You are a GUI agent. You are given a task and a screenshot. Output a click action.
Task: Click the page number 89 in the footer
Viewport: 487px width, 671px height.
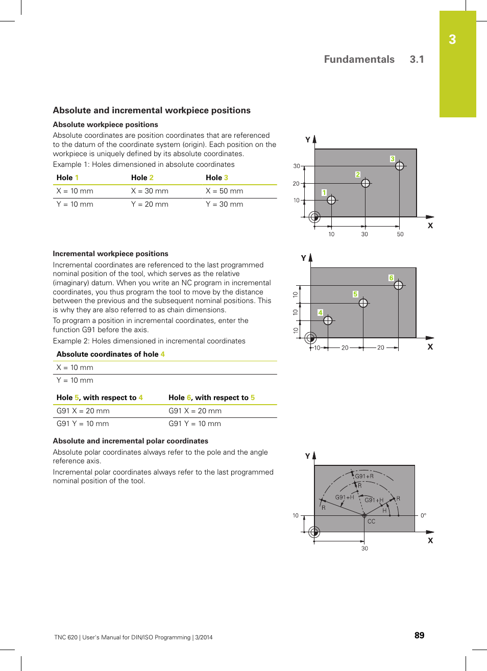419,635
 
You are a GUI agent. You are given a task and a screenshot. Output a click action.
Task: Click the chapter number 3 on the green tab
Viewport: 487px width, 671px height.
452,40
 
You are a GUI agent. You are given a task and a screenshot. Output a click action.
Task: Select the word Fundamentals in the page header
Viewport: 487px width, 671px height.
359,59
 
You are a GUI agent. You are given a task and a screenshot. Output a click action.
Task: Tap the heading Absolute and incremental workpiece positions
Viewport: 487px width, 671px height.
152,110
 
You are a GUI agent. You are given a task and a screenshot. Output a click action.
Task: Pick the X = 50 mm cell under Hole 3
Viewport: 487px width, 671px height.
224,191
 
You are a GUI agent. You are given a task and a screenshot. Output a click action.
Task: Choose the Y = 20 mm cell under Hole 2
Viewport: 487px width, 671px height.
150,204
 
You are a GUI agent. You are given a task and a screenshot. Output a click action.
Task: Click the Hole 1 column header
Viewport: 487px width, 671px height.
67,178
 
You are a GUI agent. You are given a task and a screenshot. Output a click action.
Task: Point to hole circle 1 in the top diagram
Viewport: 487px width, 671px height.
331,200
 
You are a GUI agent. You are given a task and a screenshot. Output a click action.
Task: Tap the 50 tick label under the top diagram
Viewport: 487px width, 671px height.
400,234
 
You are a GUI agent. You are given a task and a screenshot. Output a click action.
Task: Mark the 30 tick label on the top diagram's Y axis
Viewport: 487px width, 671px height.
296,166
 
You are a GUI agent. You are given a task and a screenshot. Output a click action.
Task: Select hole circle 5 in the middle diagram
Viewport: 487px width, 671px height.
363,303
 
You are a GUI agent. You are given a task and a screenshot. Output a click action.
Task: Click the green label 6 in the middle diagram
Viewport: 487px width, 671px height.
391,278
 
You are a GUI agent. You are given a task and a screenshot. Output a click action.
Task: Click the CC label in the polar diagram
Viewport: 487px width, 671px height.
371,521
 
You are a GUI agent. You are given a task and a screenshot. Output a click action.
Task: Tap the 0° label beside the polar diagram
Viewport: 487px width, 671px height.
423,515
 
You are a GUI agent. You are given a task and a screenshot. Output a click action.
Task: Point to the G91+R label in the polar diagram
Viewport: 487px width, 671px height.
364,476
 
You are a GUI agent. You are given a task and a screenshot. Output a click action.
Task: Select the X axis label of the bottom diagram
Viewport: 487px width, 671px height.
430,540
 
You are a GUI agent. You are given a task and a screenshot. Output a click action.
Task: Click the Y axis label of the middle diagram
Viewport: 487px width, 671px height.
303,258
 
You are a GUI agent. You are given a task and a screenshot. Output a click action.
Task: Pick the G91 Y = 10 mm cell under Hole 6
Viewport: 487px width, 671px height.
194,424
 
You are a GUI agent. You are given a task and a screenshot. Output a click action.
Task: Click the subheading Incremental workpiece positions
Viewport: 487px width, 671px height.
110,254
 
